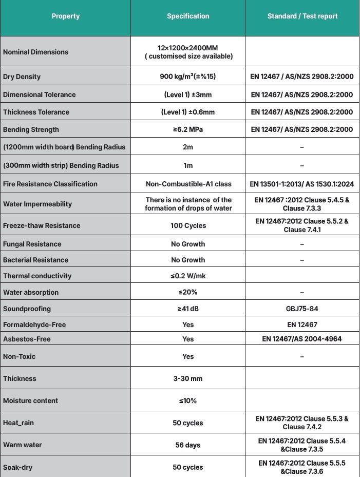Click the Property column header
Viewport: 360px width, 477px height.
(x=66, y=16)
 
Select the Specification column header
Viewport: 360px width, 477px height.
(x=188, y=16)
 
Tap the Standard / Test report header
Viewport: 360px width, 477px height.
(x=302, y=16)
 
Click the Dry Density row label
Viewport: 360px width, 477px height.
(x=22, y=77)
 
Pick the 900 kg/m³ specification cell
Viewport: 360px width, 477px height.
(x=188, y=77)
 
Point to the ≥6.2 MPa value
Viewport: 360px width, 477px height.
(x=188, y=129)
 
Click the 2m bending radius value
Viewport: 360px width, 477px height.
(x=188, y=147)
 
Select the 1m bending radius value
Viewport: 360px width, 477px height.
(x=188, y=165)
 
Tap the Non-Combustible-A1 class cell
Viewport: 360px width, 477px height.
(x=188, y=184)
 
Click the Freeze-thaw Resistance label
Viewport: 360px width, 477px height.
(x=42, y=225)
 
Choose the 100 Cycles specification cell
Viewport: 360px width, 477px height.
(x=188, y=225)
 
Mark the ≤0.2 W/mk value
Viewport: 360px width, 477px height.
(x=188, y=276)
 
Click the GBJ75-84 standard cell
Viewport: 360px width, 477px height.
(x=302, y=309)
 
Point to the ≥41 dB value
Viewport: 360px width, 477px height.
(x=188, y=309)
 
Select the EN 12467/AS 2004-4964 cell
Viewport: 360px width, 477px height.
(x=302, y=339)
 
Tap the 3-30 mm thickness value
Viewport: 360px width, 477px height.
(x=188, y=378)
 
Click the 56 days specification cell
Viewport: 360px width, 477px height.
(x=188, y=445)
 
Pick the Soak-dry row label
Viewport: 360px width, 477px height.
(x=19, y=467)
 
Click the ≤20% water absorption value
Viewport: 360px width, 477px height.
(x=188, y=292)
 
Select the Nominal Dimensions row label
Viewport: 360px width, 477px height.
(x=35, y=52)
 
